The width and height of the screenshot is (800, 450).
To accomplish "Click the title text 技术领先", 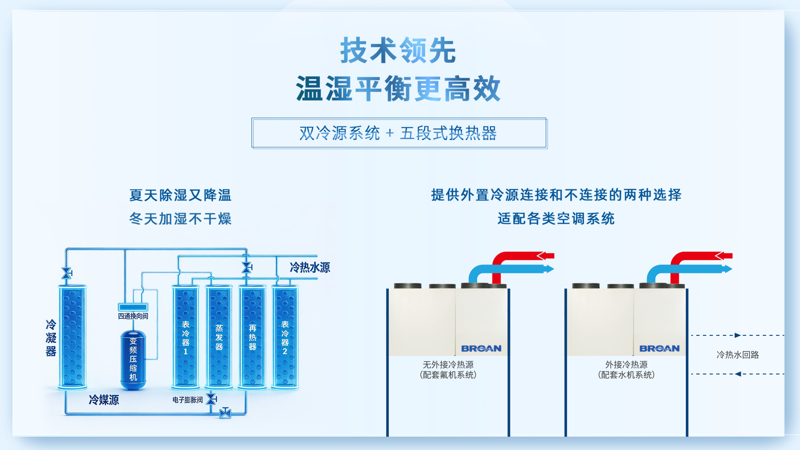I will (398, 50).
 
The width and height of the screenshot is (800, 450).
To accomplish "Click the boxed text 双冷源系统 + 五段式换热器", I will (398, 133).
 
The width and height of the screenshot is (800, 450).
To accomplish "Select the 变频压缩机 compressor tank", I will (133, 359).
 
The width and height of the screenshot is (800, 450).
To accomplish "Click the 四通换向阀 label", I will (133, 316).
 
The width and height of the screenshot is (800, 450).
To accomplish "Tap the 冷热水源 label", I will (310, 267).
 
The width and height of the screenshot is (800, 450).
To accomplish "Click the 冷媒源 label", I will (104, 400).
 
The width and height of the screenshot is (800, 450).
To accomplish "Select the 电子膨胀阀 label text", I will (187, 400).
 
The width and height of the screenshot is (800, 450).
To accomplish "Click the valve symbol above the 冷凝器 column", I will (66, 273).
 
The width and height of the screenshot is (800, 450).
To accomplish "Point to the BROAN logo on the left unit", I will (481, 348).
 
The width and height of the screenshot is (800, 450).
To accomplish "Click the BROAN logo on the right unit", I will (659, 348).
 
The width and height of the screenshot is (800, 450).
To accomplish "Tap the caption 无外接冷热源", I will (448, 365).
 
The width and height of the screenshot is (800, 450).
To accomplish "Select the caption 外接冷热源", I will (626, 365).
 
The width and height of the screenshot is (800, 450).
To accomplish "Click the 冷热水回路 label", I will (737, 355).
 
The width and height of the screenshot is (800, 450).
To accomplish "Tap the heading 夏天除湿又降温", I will (180, 195).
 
